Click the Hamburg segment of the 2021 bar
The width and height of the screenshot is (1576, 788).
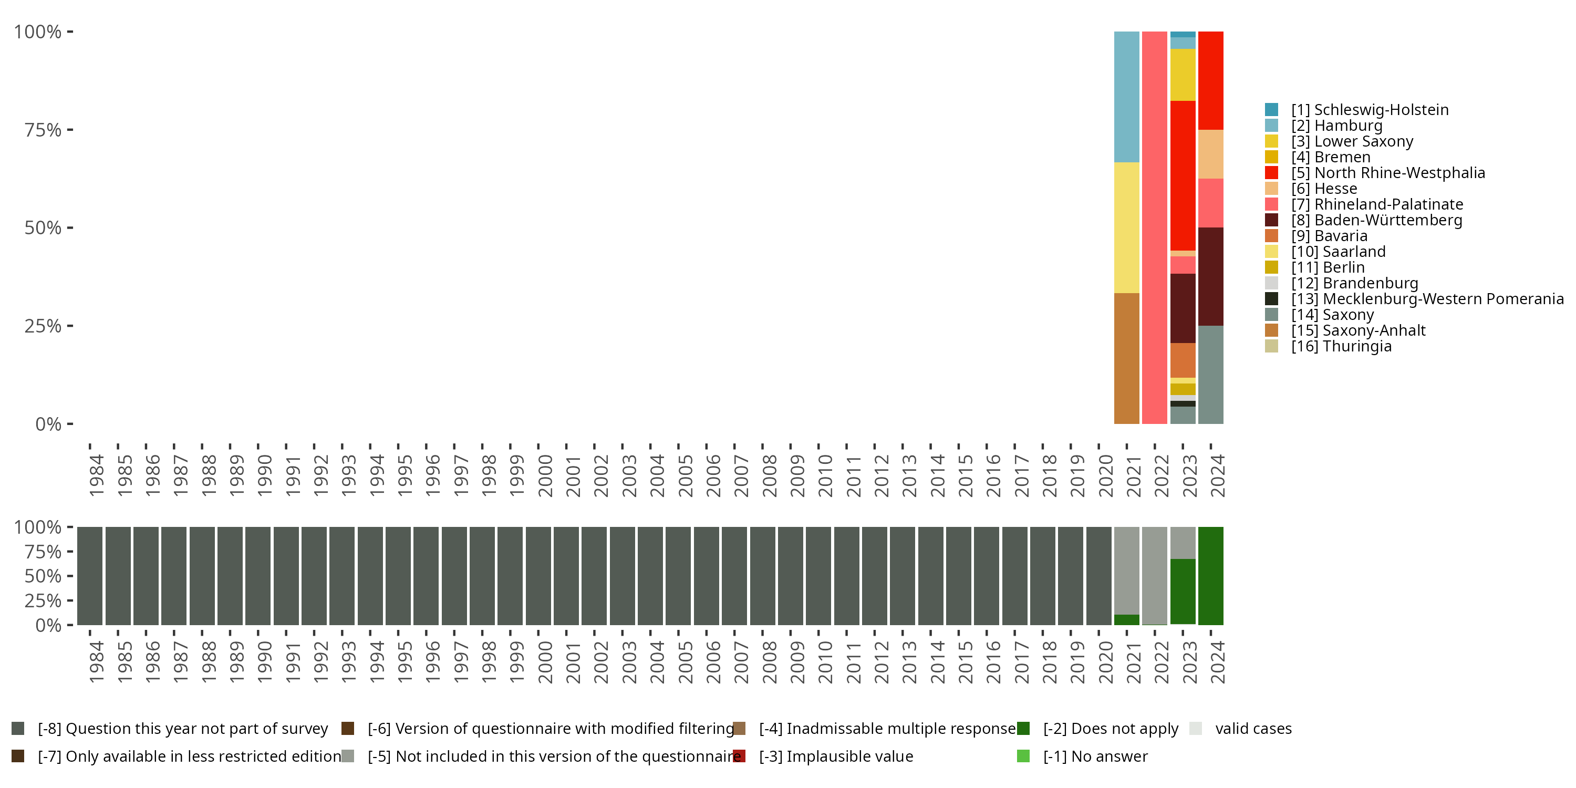(x=1126, y=97)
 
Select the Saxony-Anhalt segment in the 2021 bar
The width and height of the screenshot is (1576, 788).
(x=1126, y=358)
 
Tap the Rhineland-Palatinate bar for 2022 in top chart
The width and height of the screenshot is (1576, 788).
(x=1155, y=227)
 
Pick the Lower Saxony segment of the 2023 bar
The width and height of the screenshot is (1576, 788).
(x=1183, y=75)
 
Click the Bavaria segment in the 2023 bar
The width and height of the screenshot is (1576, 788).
(x=1183, y=360)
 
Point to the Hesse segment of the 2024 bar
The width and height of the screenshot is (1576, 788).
(x=1211, y=154)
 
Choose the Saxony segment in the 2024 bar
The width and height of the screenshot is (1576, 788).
(x=1211, y=375)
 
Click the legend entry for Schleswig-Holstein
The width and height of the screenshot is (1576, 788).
(x=1369, y=109)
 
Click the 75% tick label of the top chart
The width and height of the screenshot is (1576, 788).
(x=43, y=130)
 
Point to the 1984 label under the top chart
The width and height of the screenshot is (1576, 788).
(x=96, y=475)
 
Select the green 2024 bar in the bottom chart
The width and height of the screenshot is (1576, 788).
(x=1211, y=576)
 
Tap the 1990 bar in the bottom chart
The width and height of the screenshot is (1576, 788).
(x=257, y=576)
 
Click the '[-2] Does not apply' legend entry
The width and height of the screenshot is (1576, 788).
(x=1110, y=729)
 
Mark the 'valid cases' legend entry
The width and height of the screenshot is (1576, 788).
(x=1252, y=729)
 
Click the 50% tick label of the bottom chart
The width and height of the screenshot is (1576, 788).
(x=43, y=576)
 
